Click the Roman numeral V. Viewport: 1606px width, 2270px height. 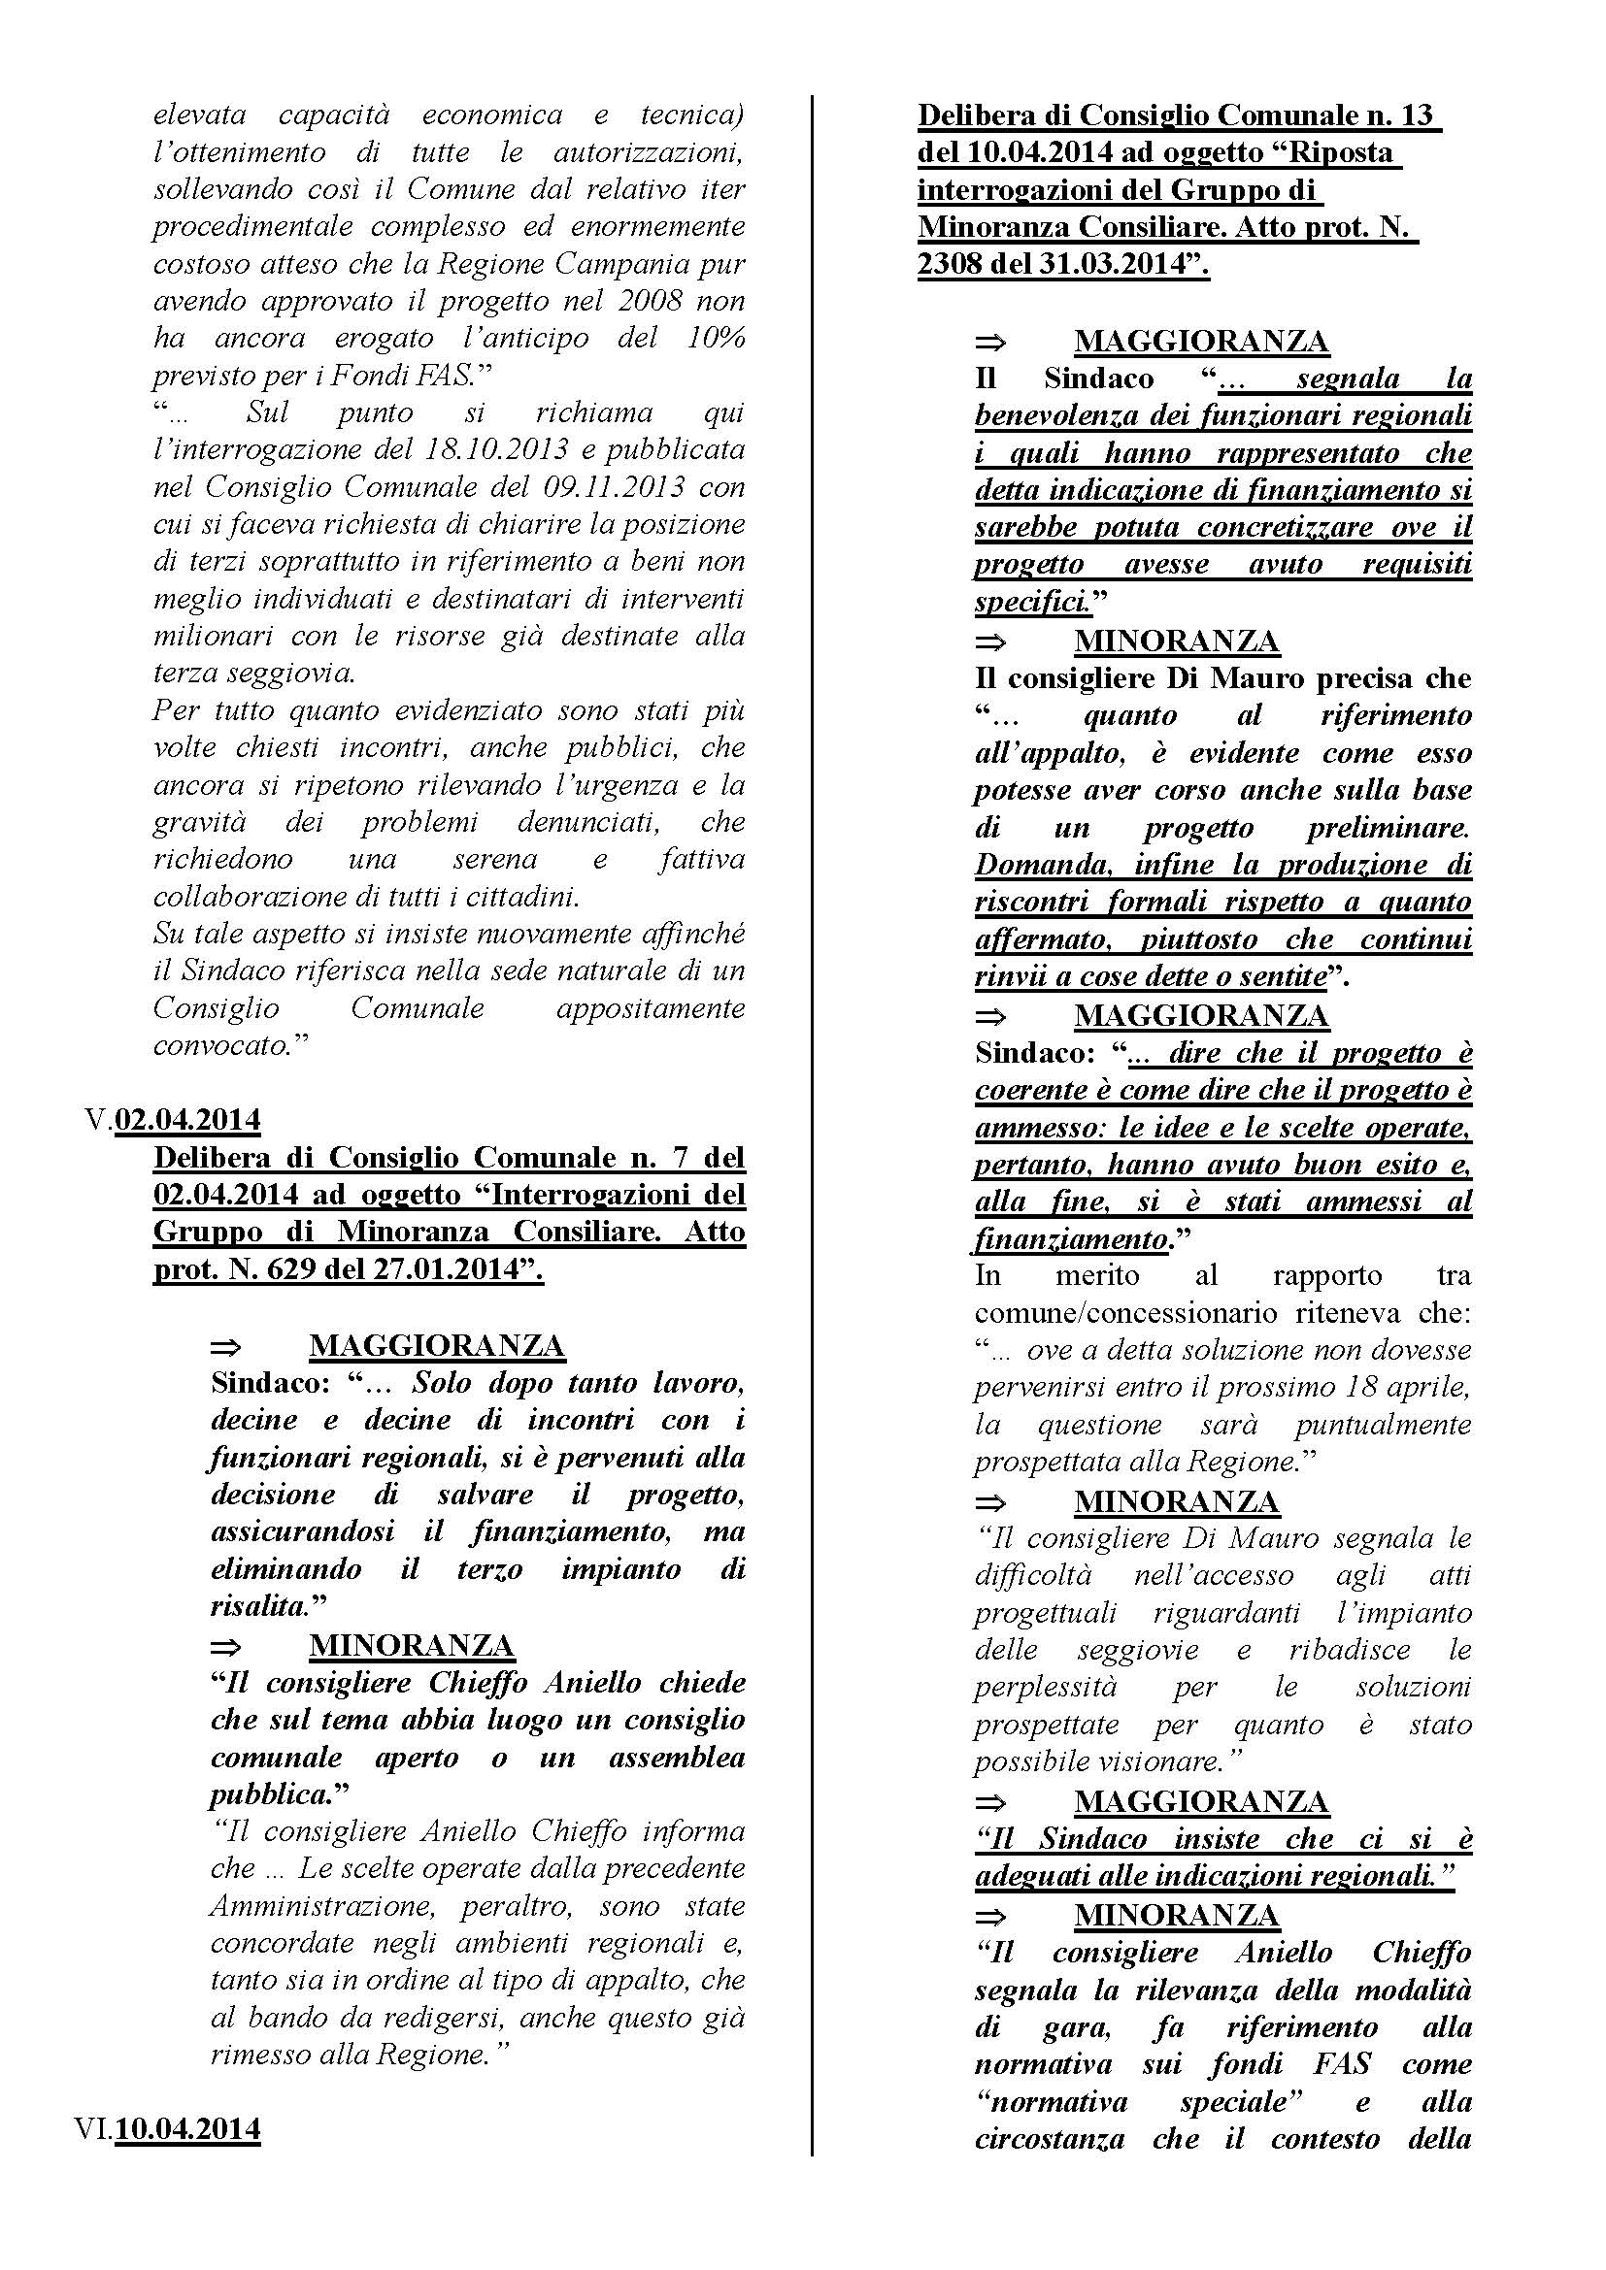(96, 1120)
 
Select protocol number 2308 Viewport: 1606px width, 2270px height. (954, 265)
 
